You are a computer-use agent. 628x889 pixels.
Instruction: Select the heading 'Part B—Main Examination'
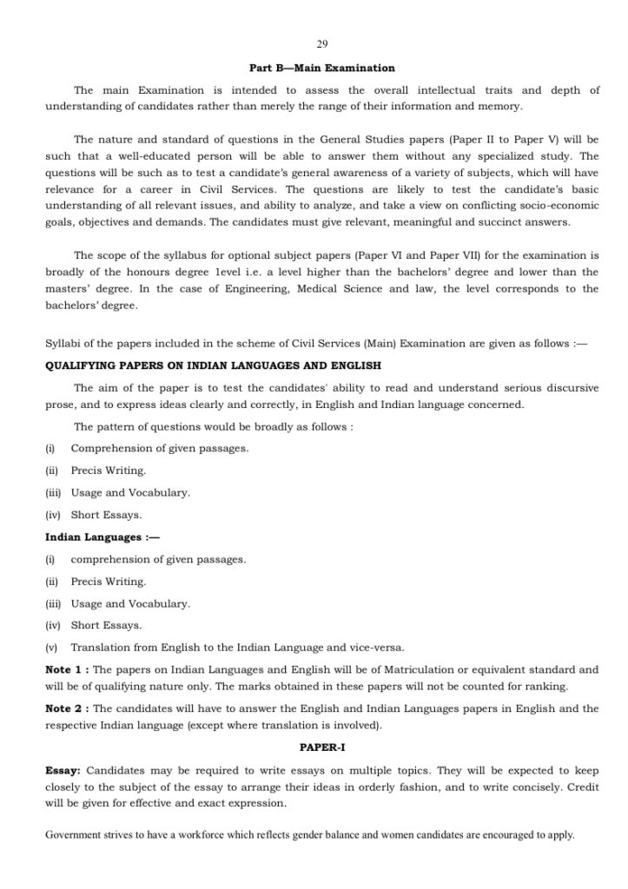pyautogui.click(x=322, y=68)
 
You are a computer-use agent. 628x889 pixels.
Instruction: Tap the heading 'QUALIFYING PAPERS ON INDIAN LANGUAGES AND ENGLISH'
pyautogui.click(x=213, y=365)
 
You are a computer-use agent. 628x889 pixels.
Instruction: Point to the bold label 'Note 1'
pyautogui.click(x=66, y=670)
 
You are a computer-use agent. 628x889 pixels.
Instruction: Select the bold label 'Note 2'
pyautogui.click(x=66, y=708)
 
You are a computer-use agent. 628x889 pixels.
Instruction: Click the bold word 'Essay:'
pyautogui.click(x=63, y=770)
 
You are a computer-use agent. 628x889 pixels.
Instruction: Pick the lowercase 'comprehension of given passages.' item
pyautogui.click(x=158, y=560)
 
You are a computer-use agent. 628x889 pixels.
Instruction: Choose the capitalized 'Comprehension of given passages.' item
pyautogui.click(x=160, y=448)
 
